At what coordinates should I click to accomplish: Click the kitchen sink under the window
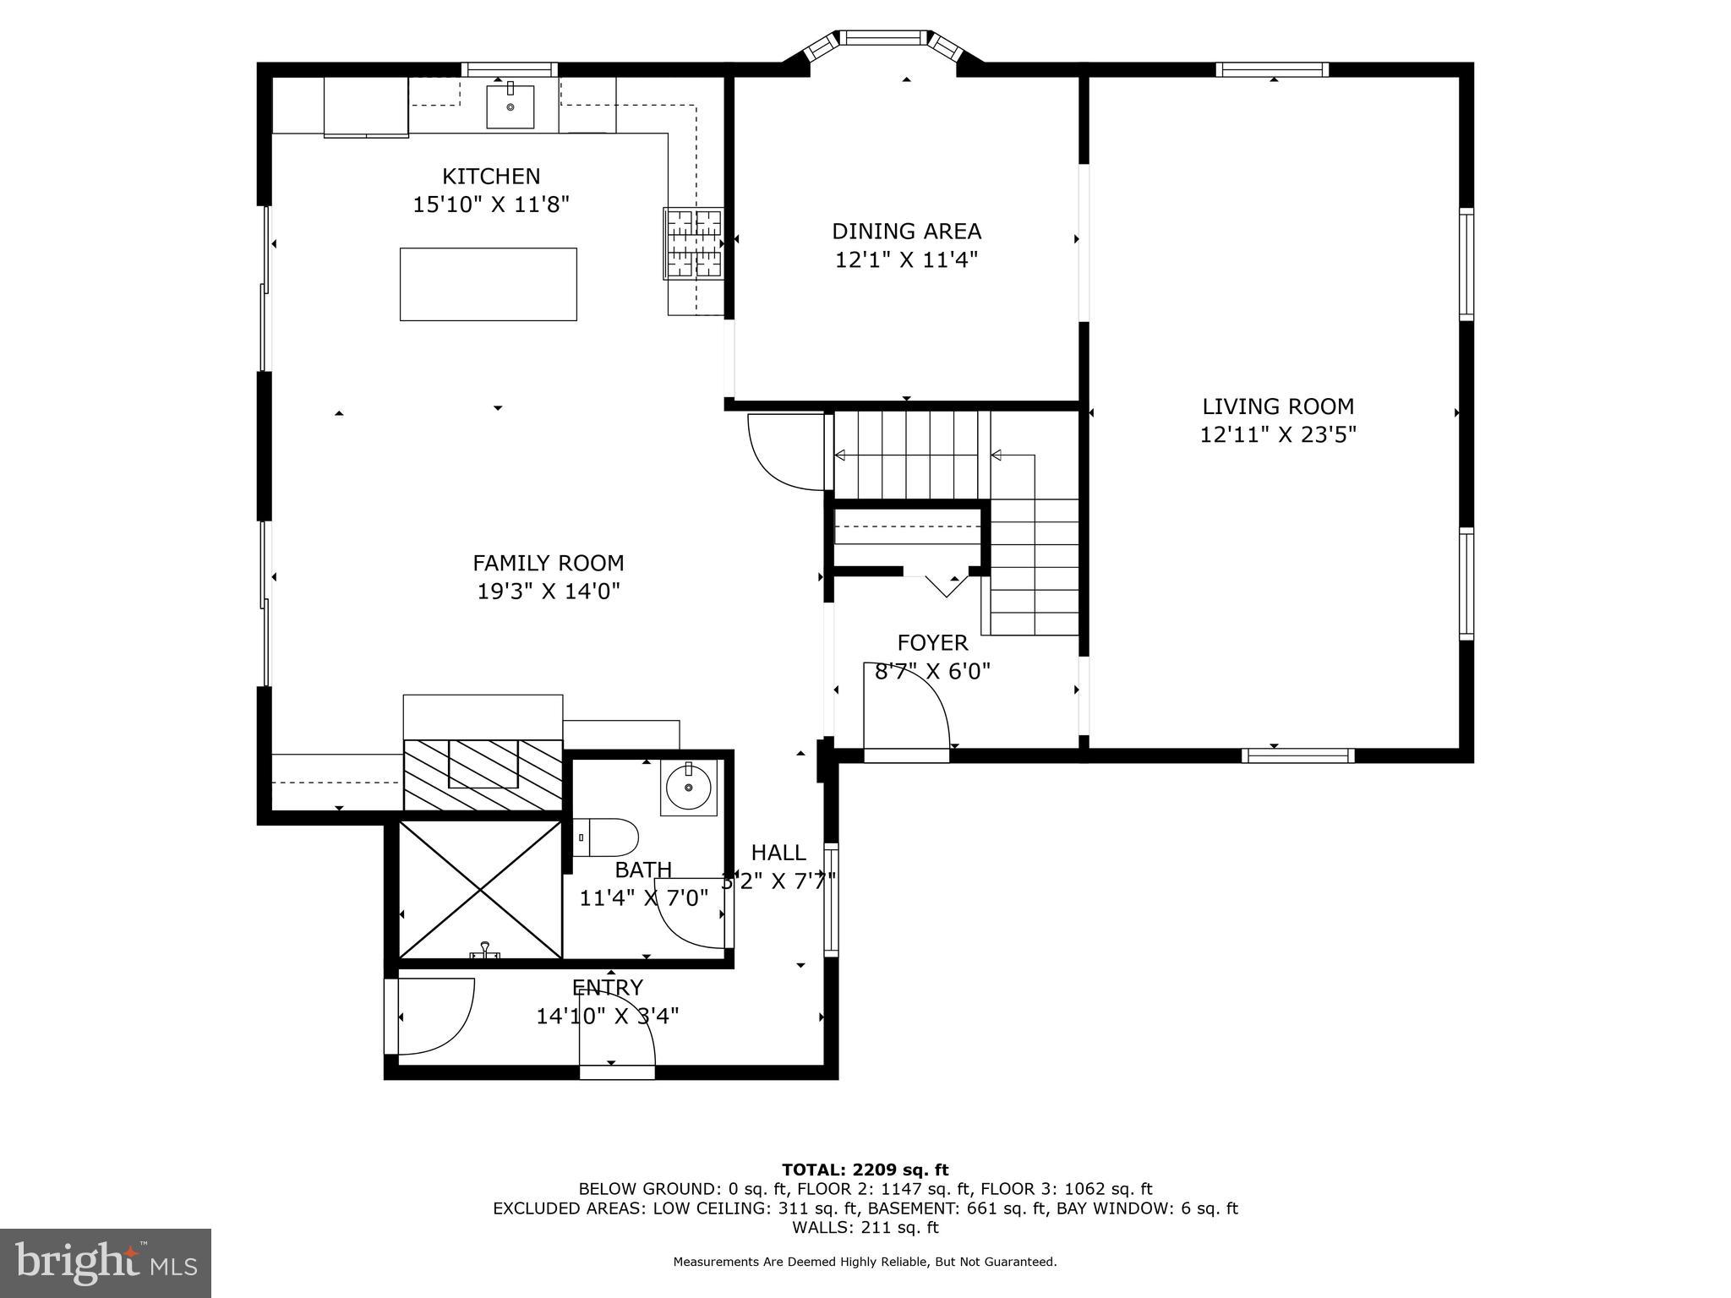[x=510, y=106]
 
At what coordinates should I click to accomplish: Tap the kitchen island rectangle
[x=488, y=284]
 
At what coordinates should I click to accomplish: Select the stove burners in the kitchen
[x=694, y=243]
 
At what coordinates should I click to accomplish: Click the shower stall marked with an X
[x=480, y=890]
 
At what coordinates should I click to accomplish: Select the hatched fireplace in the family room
[x=483, y=773]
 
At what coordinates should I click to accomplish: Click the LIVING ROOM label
[x=1278, y=406]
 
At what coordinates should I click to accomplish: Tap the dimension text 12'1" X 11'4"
[x=906, y=259]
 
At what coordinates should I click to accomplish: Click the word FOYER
[x=932, y=643]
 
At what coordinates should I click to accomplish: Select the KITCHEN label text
[x=491, y=176]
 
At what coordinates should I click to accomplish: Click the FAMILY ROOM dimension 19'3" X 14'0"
[x=549, y=591]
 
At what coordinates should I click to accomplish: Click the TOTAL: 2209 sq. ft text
[x=865, y=1170]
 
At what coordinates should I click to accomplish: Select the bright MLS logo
[x=106, y=1263]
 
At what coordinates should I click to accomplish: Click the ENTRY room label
[x=607, y=987]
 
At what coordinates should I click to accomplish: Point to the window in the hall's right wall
[x=831, y=899]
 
